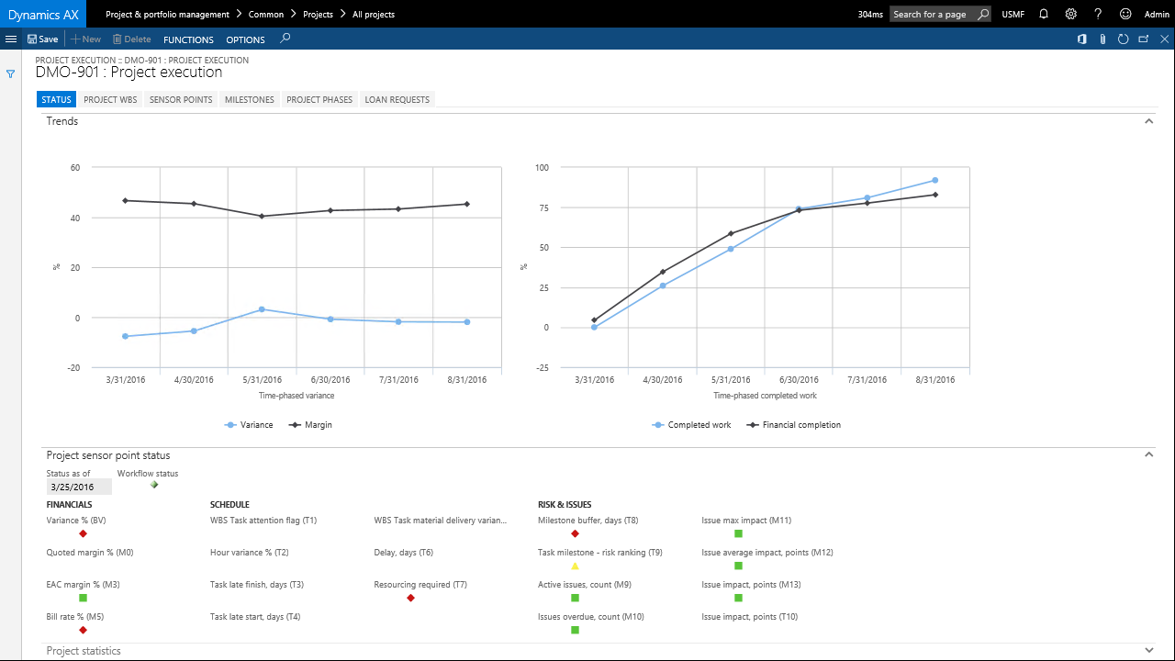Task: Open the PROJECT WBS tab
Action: point(110,99)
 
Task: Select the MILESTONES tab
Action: point(250,99)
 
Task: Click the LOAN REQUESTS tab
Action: point(397,99)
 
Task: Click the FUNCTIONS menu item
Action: point(188,39)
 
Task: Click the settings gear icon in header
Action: point(1070,15)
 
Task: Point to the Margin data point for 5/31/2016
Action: point(262,216)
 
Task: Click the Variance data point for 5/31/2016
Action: point(262,309)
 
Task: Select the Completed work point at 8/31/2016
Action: point(934,180)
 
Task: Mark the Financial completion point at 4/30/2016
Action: point(663,272)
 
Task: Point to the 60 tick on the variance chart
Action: point(74,168)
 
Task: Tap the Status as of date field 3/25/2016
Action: point(78,487)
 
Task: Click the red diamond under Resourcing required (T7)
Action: point(410,598)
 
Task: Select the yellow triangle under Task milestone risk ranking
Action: point(575,566)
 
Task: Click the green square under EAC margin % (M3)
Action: point(83,598)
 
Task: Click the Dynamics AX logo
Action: point(43,14)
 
